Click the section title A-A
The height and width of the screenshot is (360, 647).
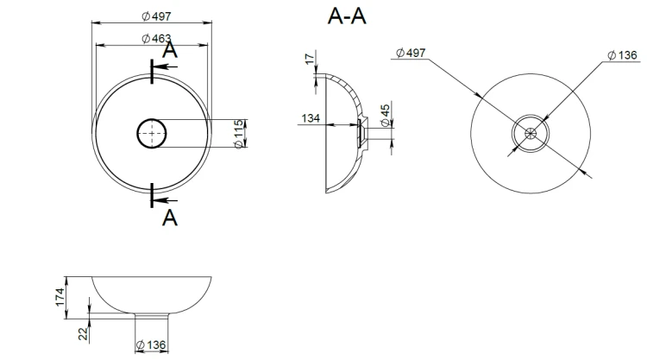click(347, 16)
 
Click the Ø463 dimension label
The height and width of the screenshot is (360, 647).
click(156, 38)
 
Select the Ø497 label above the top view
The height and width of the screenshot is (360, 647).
click(156, 16)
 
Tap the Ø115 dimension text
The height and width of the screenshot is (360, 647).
click(238, 134)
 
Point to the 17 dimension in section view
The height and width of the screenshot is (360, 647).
click(310, 59)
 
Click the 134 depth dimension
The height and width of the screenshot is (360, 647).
click(311, 118)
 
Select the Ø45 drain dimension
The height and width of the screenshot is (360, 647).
click(385, 115)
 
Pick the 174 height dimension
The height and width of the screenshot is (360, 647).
click(60, 297)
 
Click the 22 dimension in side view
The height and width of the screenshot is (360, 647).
click(84, 333)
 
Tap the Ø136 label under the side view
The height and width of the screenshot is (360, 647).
click(151, 344)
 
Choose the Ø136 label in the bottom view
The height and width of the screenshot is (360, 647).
click(623, 55)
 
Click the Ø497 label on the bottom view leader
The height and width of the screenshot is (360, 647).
click(411, 53)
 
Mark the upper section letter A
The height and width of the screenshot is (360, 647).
click(170, 50)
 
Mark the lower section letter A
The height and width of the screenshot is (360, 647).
click(170, 218)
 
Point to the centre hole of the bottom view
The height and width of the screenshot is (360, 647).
click(531, 133)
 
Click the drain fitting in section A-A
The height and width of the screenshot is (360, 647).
click(361, 133)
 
